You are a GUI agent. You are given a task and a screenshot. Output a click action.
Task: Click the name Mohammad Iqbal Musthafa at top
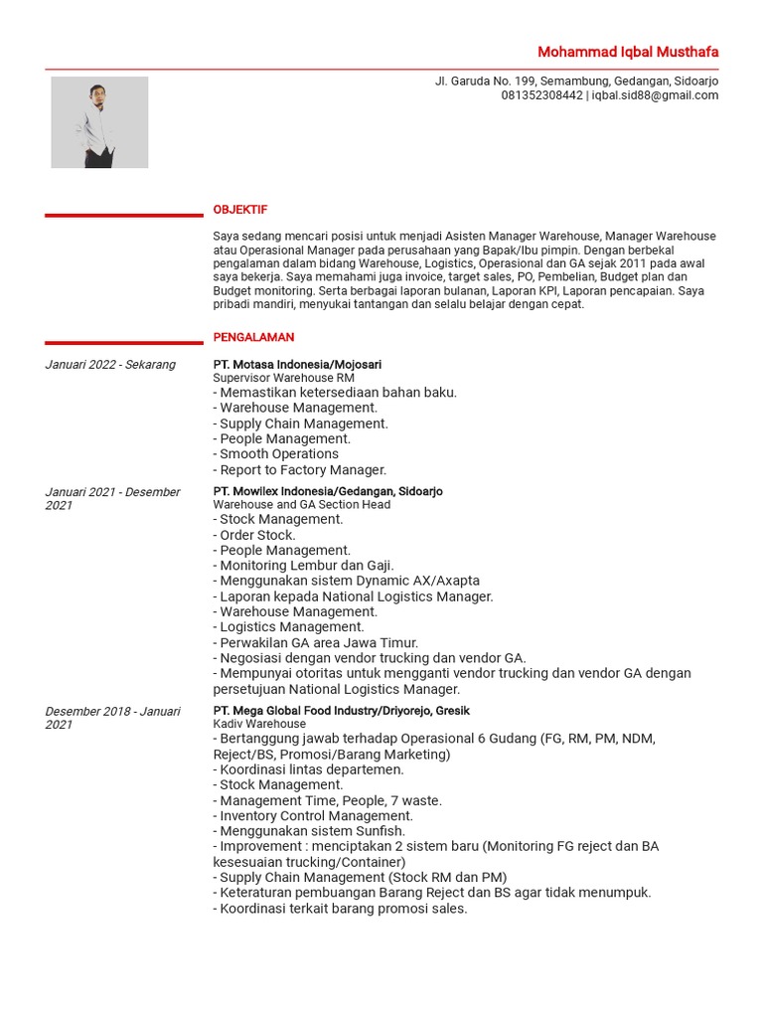[x=628, y=52]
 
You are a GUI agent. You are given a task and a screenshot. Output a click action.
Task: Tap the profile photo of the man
[x=99, y=122]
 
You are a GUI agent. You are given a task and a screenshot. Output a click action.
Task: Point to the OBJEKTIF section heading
[x=240, y=210]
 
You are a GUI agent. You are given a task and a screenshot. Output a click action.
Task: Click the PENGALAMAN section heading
[x=253, y=338]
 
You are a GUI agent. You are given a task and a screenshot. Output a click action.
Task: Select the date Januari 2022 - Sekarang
[x=110, y=365]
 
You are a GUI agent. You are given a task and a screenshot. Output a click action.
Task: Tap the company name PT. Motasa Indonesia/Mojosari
[x=297, y=365]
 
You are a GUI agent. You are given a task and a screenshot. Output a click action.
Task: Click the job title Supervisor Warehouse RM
[x=283, y=379]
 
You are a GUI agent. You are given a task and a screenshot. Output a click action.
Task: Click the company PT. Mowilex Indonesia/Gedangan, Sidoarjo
[x=328, y=492]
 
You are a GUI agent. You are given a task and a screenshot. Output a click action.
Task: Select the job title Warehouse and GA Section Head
[x=302, y=505]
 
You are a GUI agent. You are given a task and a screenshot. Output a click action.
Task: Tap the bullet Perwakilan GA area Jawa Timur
[x=319, y=642]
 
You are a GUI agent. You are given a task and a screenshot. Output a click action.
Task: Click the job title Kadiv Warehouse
[x=259, y=725]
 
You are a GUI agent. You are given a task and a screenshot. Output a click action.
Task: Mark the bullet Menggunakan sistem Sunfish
[x=312, y=831]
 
